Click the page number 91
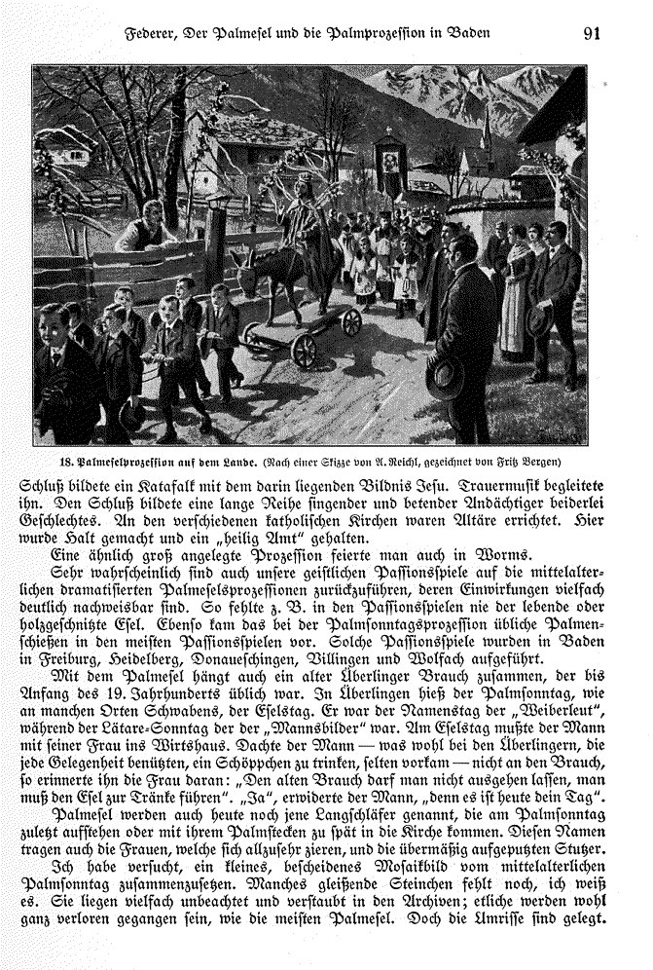point(593,32)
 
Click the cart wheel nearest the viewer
point(304,350)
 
